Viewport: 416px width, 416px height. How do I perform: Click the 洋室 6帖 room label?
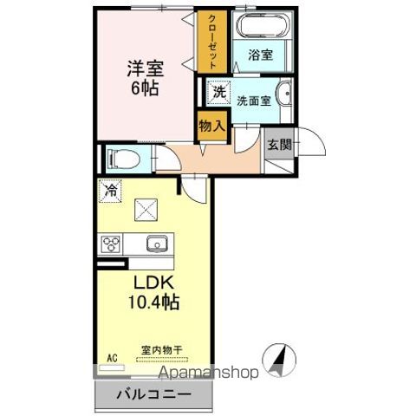[x=144, y=76]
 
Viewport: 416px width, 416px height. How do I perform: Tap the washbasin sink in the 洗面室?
[x=284, y=97]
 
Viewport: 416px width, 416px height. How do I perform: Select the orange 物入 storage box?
[x=211, y=127]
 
